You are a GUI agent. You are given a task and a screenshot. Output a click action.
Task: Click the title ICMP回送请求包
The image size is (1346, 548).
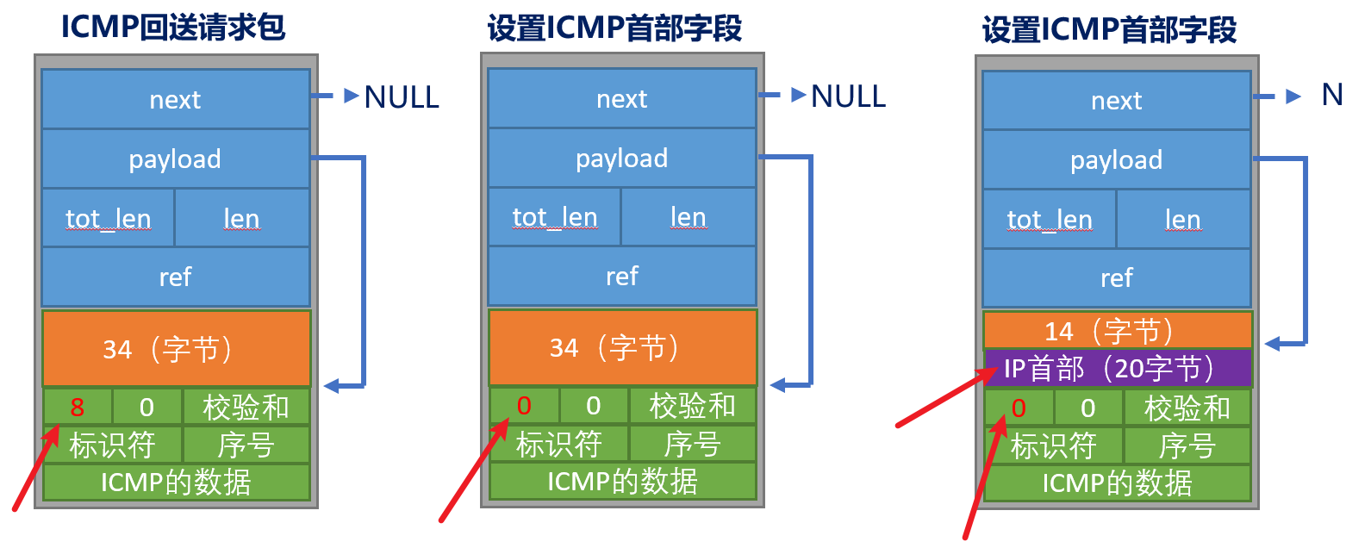tap(173, 28)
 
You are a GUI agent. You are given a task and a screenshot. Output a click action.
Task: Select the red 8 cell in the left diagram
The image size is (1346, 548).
tap(78, 407)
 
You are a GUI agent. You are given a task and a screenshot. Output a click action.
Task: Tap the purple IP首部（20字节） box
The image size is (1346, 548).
tap(1117, 369)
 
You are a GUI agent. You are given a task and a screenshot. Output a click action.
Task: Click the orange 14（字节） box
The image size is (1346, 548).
tap(1117, 331)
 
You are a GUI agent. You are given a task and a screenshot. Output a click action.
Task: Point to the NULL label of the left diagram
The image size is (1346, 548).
tap(402, 97)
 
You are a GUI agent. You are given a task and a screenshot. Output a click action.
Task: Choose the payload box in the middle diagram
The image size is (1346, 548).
tap(622, 158)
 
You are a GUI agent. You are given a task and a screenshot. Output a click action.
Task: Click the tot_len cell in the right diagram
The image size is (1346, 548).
tap(1049, 219)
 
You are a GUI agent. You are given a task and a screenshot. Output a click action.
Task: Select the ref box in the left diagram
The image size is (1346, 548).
tap(175, 277)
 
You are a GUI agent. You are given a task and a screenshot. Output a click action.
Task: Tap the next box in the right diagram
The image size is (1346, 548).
tap(1117, 101)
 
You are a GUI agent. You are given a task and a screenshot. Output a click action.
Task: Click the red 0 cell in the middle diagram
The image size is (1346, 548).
tap(524, 406)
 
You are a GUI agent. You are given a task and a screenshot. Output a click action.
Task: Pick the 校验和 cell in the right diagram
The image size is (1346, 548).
tap(1187, 408)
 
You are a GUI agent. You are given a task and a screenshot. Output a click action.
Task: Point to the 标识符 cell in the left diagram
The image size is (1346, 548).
tap(112, 445)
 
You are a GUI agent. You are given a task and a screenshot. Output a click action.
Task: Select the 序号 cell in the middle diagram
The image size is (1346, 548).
tap(693, 444)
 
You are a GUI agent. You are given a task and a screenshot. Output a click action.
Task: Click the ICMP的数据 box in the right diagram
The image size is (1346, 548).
tap(1117, 483)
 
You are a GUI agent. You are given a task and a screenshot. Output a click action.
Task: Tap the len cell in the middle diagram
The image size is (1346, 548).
tap(689, 217)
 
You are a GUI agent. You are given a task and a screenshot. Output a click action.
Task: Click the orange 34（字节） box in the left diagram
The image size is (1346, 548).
tap(176, 348)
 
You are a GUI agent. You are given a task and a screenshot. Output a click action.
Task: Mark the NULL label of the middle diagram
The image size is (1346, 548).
tap(848, 97)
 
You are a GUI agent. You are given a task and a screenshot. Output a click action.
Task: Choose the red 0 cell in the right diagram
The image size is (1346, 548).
tap(1019, 408)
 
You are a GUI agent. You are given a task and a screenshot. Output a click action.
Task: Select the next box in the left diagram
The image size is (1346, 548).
tap(175, 100)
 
